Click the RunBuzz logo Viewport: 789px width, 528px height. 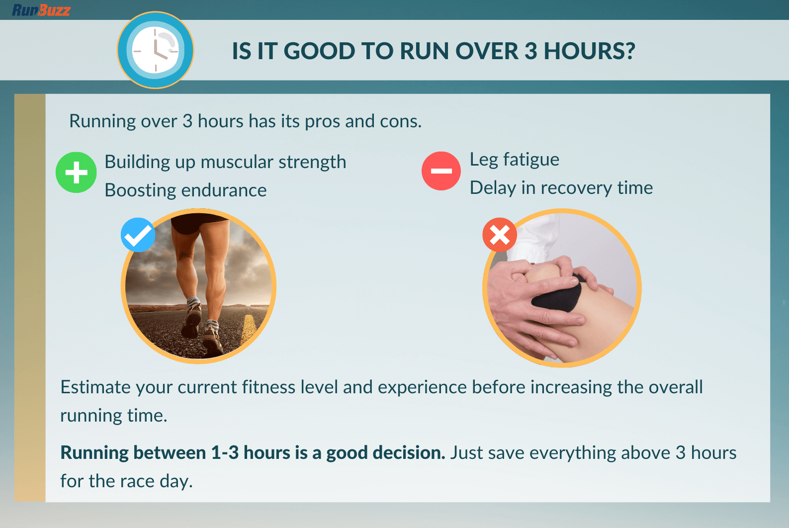tap(41, 10)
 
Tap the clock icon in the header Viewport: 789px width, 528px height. tap(155, 50)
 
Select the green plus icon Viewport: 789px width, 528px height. tap(76, 172)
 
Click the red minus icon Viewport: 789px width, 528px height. tap(441, 171)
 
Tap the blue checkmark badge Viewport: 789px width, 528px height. tap(138, 235)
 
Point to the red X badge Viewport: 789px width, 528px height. tap(500, 235)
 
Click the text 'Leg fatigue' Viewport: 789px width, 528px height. tap(514, 160)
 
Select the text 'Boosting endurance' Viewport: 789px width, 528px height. tap(185, 190)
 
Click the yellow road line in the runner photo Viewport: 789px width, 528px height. tap(248, 329)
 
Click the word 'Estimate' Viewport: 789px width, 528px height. tap(95, 387)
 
